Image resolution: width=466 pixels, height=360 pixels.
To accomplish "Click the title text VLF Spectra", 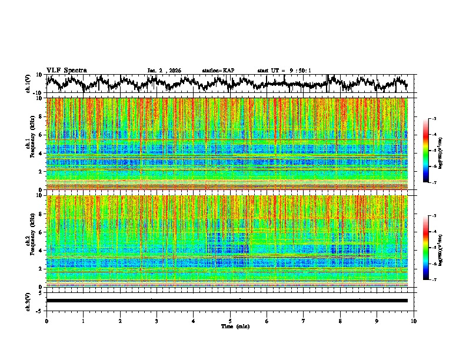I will click(66, 71).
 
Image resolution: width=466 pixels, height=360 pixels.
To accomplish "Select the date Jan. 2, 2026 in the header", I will click(164, 71).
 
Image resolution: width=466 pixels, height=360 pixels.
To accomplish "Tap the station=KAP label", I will click(218, 71).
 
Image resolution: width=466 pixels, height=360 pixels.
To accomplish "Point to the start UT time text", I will click(284, 71).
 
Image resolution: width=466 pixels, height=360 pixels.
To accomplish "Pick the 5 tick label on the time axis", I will click(230, 321).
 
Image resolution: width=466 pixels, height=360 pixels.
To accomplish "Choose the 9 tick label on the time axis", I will click(377, 321).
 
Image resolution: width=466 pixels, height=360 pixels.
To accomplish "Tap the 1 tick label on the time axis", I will click(83, 321).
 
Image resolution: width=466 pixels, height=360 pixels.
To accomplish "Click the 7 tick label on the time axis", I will click(304, 321).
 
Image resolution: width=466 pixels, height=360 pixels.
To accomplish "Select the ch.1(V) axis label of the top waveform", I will click(28, 84).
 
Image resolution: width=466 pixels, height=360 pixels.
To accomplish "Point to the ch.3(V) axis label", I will click(28, 300).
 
